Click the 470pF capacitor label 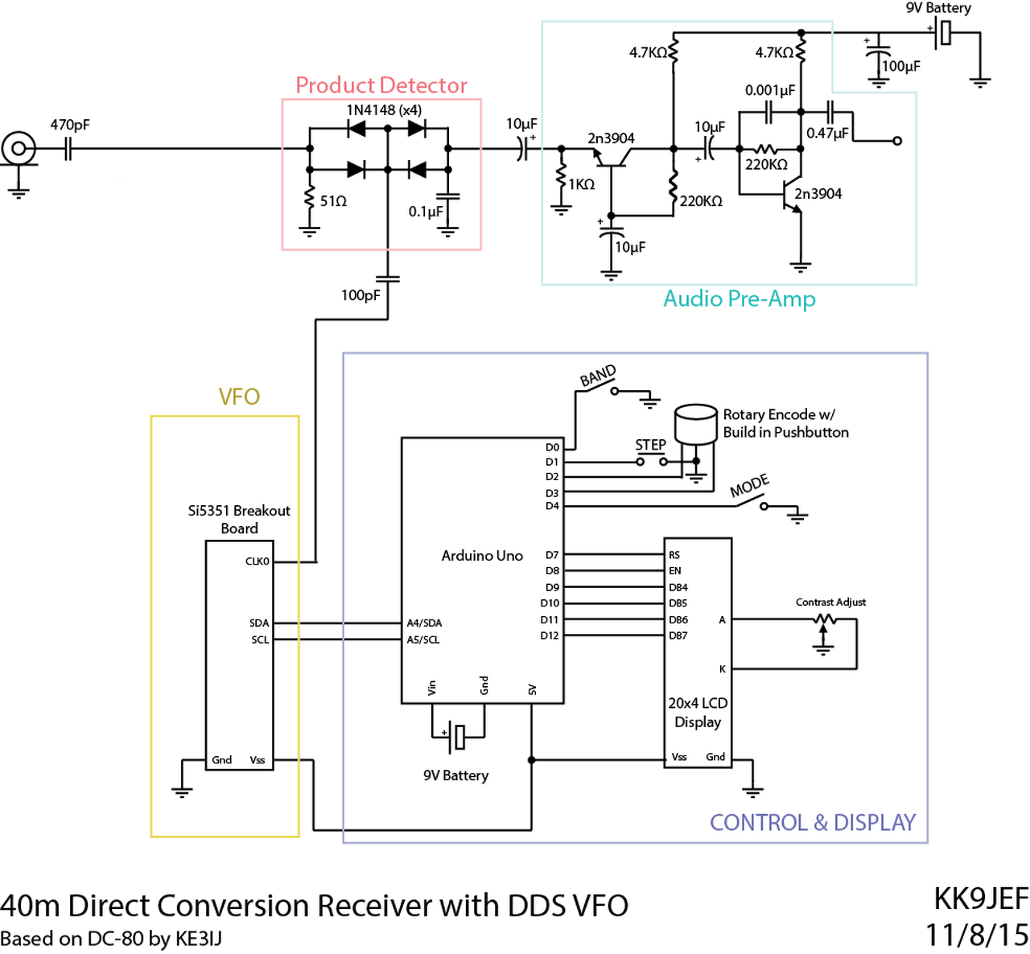70,125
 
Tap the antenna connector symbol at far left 18,148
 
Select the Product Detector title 381,85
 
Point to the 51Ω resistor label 333,201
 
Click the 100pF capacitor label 360,295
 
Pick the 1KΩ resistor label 581,184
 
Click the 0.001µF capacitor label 769,90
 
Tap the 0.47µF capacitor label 827,133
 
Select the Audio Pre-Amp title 739,299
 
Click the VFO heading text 239,397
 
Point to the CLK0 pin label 257,561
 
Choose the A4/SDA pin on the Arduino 424,623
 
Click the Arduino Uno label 482,556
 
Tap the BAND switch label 598,376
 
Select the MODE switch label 749,486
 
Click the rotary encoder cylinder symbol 695,424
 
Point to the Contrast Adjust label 830,602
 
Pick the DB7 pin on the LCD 678,635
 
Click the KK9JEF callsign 980,898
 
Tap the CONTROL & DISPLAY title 813,823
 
